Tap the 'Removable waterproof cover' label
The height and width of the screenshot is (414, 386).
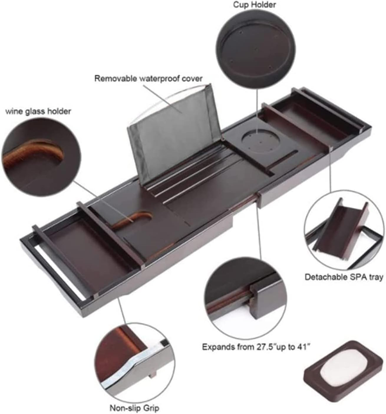coord(149,79)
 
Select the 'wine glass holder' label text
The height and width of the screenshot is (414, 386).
coord(38,111)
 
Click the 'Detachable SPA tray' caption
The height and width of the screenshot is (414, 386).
coord(344,277)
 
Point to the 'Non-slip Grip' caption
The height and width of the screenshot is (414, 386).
coord(134,408)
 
